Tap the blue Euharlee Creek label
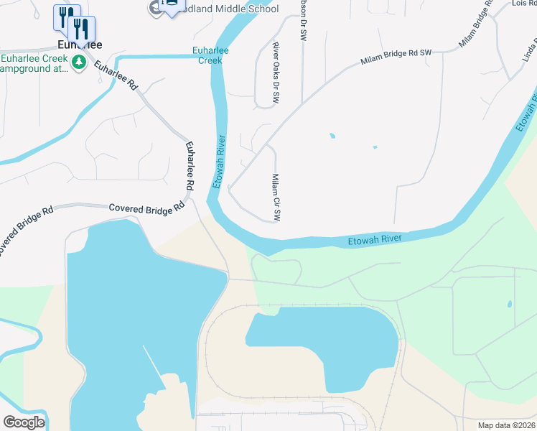[210, 55]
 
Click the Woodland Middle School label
[233, 9]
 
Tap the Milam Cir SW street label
[276, 197]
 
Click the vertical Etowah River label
[220, 162]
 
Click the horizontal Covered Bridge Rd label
[142, 208]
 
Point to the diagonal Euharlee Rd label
[115, 74]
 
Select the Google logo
[24, 422]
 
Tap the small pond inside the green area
[510, 304]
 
